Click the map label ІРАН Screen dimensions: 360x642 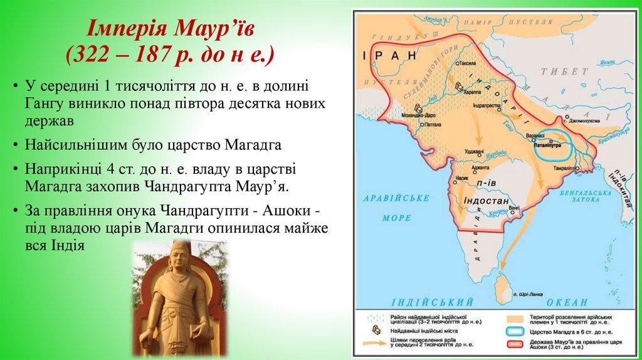pyautogui.click(x=390, y=55)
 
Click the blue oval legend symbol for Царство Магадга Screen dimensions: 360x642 pyautogui.click(x=518, y=330)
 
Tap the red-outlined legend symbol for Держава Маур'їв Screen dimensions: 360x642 pyautogui.click(x=518, y=344)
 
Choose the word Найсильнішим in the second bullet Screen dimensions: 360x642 pyautogui.click(x=69, y=145)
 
